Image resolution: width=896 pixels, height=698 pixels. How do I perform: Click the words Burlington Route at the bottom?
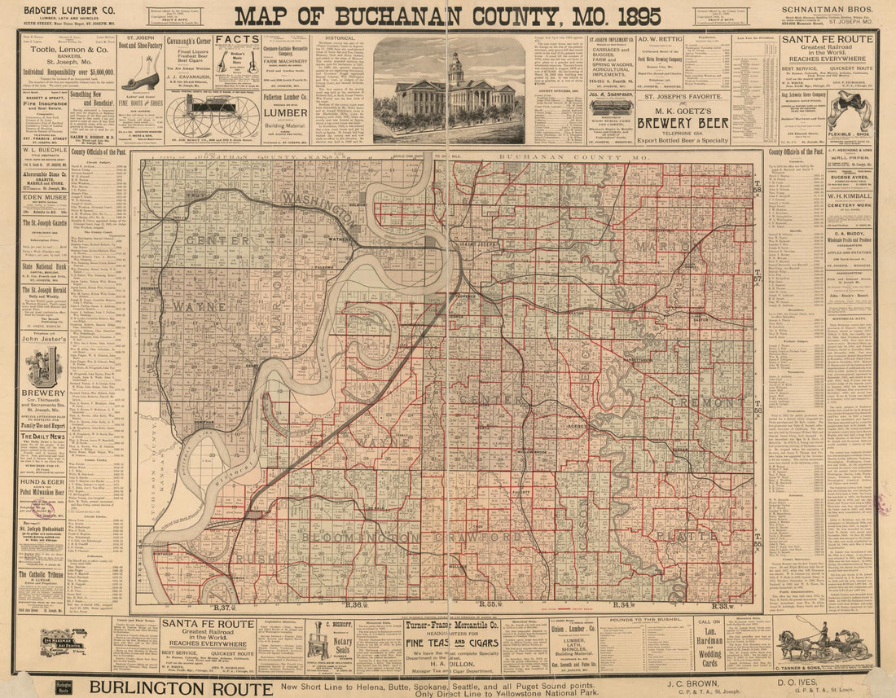click(x=180, y=687)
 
